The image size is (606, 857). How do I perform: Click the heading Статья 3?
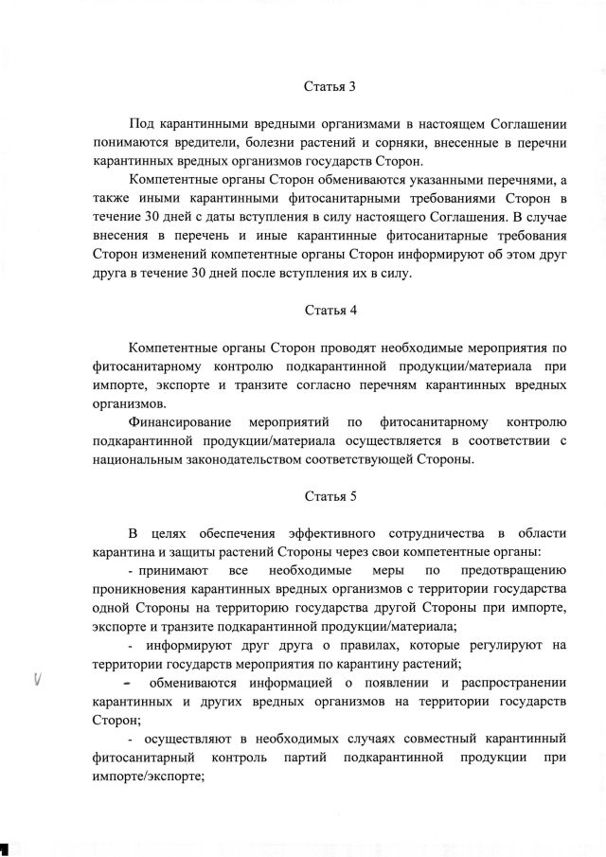[x=330, y=87]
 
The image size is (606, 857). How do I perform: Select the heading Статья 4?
[x=330, y=310]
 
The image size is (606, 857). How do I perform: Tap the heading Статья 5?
[x=330, y=495]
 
